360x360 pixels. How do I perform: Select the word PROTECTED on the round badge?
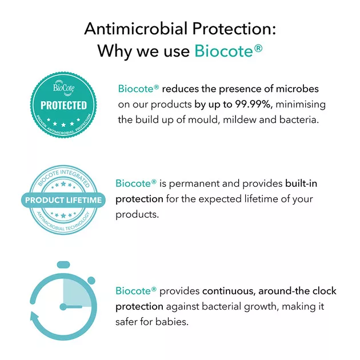pyautogui.click(x=63, y=105)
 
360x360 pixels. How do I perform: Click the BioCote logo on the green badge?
pyautogui.click(x=64, y=87)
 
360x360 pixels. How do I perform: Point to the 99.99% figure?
pyautogui.click(x=254, y=105)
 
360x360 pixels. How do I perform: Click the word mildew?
pyautogui.click(x=239, y=120)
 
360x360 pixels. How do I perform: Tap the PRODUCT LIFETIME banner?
pyautogui.click(x=63, y=200)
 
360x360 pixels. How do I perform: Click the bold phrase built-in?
pyautogui.click(x=301, y=183)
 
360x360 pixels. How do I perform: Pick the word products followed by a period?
pyautogui.click(x=137, y=215)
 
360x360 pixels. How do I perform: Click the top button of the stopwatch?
pyautogui.click(x=63, y=265)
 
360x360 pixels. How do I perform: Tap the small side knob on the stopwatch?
pyautogui.click(x=91, y=281)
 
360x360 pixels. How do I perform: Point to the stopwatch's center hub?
pyautogui.click(x=63, y=307)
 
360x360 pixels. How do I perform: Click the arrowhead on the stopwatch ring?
pyautogui.click(x=34, y=316)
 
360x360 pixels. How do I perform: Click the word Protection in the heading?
pyautogui.click(x=234, y=29)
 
